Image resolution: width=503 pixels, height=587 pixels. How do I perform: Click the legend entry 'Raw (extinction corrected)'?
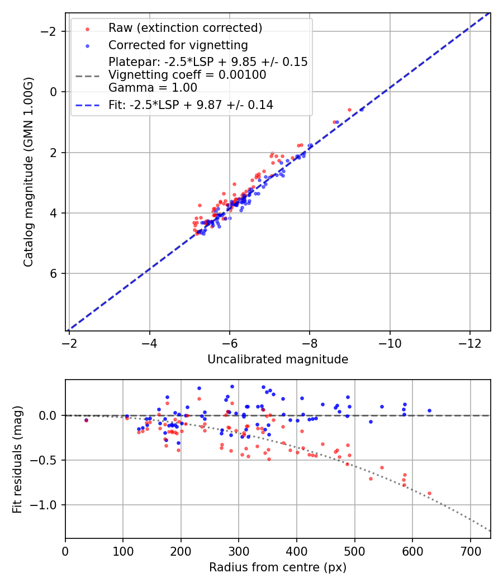click(185, 28)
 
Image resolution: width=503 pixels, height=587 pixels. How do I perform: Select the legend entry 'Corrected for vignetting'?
click(178, 45)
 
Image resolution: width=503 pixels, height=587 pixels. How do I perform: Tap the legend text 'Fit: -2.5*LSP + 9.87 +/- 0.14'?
click(191, 105)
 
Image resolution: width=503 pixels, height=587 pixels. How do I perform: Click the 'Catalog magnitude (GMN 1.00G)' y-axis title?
click(29, 172)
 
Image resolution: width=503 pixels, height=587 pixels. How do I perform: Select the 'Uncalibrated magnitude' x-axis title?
click(278, 359)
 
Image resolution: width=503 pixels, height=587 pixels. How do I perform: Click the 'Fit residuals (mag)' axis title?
click(17, 459)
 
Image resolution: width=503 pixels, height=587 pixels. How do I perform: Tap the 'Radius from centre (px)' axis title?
click(278, 567)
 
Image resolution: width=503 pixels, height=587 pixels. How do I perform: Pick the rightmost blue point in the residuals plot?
click(429, 410)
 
